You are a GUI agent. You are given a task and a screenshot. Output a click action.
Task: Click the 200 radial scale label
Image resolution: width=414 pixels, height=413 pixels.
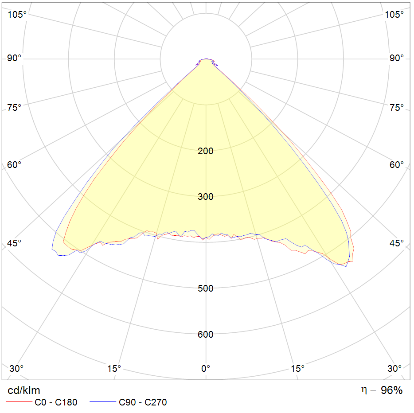pyautogui.click(x=206, y=151)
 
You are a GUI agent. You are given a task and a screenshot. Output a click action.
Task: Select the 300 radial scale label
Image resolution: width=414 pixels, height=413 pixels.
pyautogui.click(x=206, y=197)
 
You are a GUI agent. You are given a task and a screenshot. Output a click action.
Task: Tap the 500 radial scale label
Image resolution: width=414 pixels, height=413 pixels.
pyautogui.click(x=206, y=288)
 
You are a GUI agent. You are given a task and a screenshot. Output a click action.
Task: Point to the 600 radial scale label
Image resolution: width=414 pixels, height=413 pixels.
pyautogui.click(x=206, y=335)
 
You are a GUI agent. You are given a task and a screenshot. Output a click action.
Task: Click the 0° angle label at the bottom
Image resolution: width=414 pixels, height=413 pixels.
pyautogui.click(x=206, y=368)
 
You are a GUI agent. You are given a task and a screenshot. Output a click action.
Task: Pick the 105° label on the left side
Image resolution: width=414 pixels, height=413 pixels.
pyautogui.click(x=17, y=15)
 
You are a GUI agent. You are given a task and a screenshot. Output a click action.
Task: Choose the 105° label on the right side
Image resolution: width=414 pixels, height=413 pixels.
pyautogui.click(x=394, y=15)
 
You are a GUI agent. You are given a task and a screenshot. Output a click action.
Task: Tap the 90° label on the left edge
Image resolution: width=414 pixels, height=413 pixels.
pyautogui.click(x=15, y=59)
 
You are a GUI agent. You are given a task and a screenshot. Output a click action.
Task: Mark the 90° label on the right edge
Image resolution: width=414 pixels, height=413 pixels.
pyautogui.click(x=397, y=59)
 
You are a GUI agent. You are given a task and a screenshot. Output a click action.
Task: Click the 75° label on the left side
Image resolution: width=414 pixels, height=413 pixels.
pyautogui.click(x=15, y=108)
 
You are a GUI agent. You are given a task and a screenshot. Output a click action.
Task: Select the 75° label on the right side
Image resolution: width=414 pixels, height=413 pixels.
pyautogui.click(x=397, y=108)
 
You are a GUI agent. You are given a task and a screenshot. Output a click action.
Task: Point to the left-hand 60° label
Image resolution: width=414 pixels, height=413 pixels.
pyautogui.click(x=15, y=165)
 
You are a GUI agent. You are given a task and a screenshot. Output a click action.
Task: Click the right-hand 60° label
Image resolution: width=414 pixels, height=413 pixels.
pyautogui.click(x=397, y=165)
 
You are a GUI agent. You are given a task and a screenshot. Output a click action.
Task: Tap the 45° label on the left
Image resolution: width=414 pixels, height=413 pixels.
pyautogui.click(x=15, y=243)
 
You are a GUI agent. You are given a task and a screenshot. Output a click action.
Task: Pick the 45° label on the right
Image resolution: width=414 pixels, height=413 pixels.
pyautogui.click(x=397, y=243)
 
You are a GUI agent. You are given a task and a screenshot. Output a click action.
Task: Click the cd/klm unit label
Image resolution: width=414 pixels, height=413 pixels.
pyautogui.click(x=24, y=390)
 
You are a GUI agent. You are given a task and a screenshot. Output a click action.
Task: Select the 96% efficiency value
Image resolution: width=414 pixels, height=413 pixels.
pyautogui.click(x=392, y=390)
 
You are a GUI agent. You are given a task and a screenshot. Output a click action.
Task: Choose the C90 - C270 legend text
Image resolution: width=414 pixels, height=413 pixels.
pyautogui.click(x=143, y=402)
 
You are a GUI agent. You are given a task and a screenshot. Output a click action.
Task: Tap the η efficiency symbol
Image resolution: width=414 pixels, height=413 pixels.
pyautogui.click(x=364, y=390)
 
